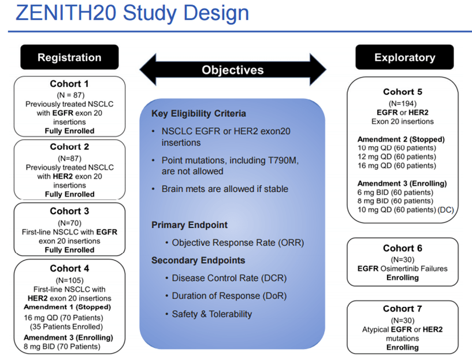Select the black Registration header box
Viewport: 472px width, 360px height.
pyautogui.click(x=69, y=57)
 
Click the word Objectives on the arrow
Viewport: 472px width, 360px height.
pyautogui.click(x=232, y=70)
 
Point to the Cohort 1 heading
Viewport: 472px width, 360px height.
pyautogui.click(x=69, y=84)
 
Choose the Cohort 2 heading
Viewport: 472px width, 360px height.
pyautogui.click(x=69, y=147)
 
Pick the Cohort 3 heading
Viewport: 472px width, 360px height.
pyautogui.click(x=69, y=211)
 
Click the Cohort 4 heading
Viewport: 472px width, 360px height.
pyautogui.click(x=69, y=268)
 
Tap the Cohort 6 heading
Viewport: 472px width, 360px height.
pyautogui.click(x=403, y=248)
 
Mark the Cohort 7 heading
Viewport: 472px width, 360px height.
pyautogui.click(x=403, y=309)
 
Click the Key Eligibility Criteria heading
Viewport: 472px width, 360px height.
pyautogui.click(x=199, y=113)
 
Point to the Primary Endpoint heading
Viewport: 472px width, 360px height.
pyautogui.click(x=189, y=225)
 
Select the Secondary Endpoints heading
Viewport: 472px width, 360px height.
pyautogui.click(x=198, y=260)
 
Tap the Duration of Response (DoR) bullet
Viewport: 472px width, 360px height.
pyautogui.click(x=229, y=296)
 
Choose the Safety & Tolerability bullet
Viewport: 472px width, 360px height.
pyautogui.click(x=211, y=314)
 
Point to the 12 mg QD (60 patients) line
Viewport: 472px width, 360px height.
pyautogui.click(x=396, y=157)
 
